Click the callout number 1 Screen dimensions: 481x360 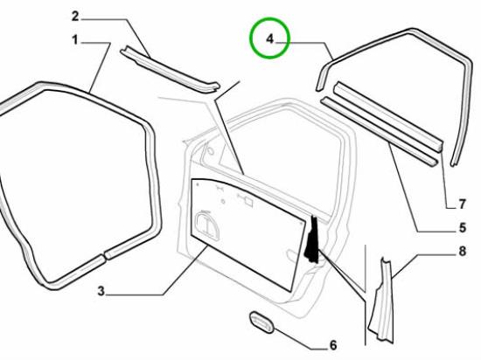(x=75, y=40)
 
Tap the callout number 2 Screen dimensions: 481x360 (x=75, y=17)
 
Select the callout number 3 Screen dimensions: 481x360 (x=101, y=291)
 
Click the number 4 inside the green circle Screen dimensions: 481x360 (x=269, y=39)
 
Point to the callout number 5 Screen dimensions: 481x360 (x=463, y=228)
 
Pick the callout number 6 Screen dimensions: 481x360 (x=333, y=345)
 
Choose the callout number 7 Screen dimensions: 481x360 (x=463, y=204)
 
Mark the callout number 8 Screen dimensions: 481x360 (x=463, y=252)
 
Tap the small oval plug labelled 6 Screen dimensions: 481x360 (x=261, y=322)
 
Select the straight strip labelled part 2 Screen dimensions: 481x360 (x=171, y=70)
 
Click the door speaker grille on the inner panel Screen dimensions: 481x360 (x=206, y=225)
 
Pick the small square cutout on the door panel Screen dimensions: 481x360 (x=248, y=202)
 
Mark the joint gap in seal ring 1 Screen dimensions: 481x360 (x=103, y=255)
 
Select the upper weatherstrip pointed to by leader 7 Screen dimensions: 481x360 (x=389, y=116)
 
